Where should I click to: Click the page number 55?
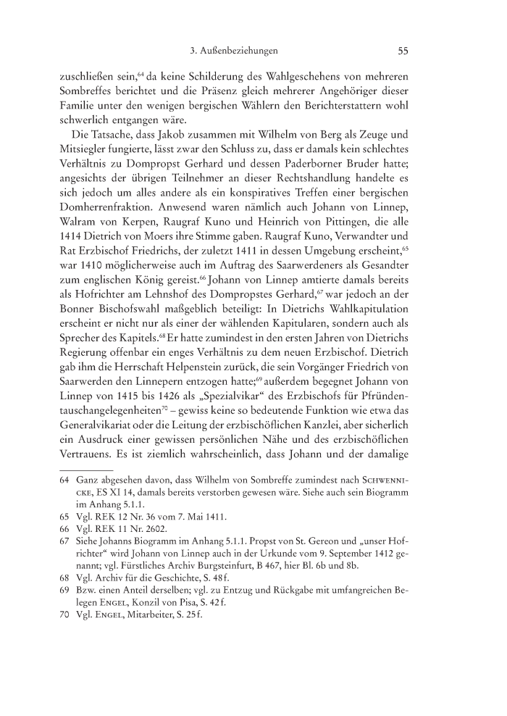pos(403,51)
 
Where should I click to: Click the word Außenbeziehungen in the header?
pos(240,51)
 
